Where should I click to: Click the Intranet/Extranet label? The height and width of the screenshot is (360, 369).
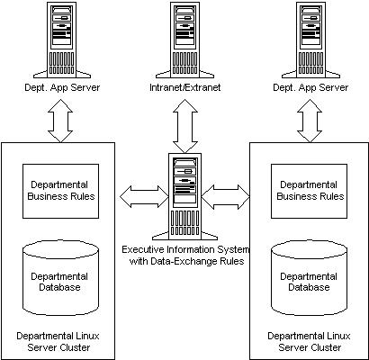click(x=184, y=87)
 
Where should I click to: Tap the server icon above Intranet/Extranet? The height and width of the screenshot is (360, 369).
click(x=184, y=40)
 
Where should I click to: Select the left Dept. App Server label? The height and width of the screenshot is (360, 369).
click(x=62, y=87)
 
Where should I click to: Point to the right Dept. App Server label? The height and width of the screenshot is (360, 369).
click(x=310, y=87)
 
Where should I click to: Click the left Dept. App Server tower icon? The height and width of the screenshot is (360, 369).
click(x=62, y=40)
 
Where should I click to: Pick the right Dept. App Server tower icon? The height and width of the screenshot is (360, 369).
click(x=310, y=40)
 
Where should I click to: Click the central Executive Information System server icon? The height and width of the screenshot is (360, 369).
click(x=184, y=196)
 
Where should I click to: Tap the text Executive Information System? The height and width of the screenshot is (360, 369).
click(x=185, y=249)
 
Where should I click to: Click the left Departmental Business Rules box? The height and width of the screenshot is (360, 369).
click(x=61, y=191)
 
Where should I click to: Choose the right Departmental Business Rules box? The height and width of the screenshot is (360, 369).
click(x=310, y=191)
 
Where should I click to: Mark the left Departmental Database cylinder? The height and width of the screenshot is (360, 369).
click(x=61, y=277)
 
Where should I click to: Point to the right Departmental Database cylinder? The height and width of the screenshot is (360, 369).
click(x=310, y=277)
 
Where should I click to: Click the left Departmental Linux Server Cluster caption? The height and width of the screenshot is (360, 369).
click(x=58, y=341)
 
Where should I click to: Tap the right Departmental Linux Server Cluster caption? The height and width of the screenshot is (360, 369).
click(x=310, y=341)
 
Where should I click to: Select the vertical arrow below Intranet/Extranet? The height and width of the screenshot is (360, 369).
click(x=184, y=126)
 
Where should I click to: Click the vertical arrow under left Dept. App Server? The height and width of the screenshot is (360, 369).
click(x=60, y=121)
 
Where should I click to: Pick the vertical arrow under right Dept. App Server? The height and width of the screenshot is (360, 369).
click(x=310, y=121)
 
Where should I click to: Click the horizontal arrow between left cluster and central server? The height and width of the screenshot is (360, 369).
click(x=144, y=196)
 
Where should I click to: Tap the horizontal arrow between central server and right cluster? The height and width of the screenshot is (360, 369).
click(x=226, y=196)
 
